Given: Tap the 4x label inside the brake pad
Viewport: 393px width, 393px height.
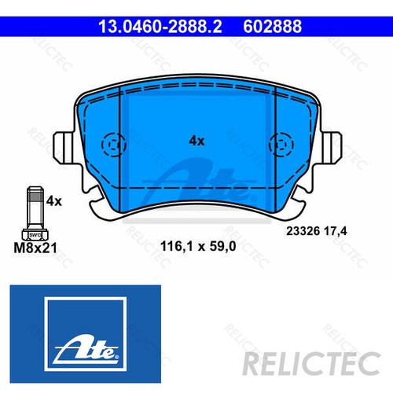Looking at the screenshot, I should click(x=196, y=141).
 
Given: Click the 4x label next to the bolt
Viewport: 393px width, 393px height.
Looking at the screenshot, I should click(x=53, y=201).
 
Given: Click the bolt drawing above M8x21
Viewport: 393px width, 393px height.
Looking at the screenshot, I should click(x=35, y=213).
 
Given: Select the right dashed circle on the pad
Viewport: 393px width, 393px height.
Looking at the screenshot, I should click(x=279, y=145).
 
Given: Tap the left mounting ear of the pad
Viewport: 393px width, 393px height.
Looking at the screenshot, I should click(x=63, y=146).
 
